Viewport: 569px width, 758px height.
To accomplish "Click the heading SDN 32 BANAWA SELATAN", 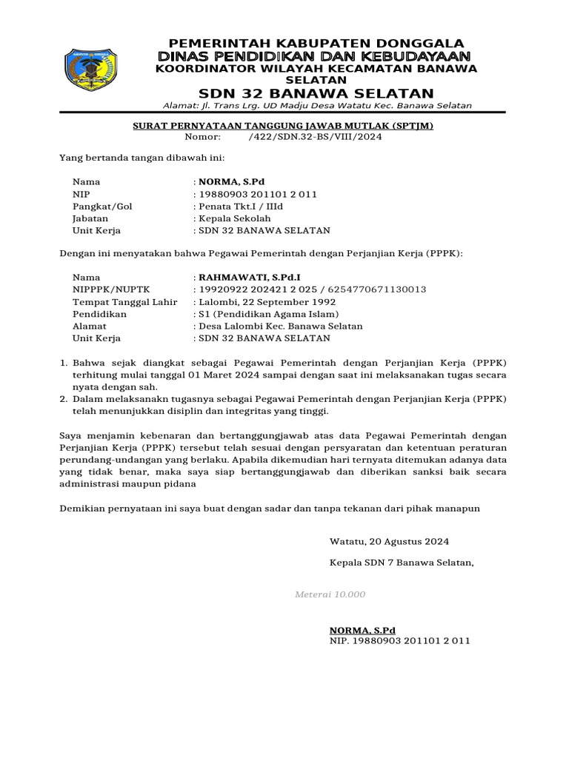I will tap(316, 93).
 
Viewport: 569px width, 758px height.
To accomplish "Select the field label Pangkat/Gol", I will tap(102, 206).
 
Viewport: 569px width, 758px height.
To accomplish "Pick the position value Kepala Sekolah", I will tap(233, 218).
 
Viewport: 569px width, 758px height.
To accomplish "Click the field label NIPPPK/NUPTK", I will tap(108, 289).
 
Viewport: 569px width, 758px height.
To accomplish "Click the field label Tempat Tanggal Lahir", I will tap(124, 301).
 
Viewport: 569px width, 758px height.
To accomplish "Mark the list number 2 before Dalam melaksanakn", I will tap(63, 398).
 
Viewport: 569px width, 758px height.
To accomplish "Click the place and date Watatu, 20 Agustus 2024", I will tap(389, 541).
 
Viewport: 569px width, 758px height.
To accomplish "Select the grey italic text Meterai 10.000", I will tap(330, 594).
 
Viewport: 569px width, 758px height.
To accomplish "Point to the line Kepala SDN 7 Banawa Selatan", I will tap(401, 563).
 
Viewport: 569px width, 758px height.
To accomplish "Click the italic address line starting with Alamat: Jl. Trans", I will tap(316, 105).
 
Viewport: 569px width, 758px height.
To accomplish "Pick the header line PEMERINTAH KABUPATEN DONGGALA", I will tap(316, 43).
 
